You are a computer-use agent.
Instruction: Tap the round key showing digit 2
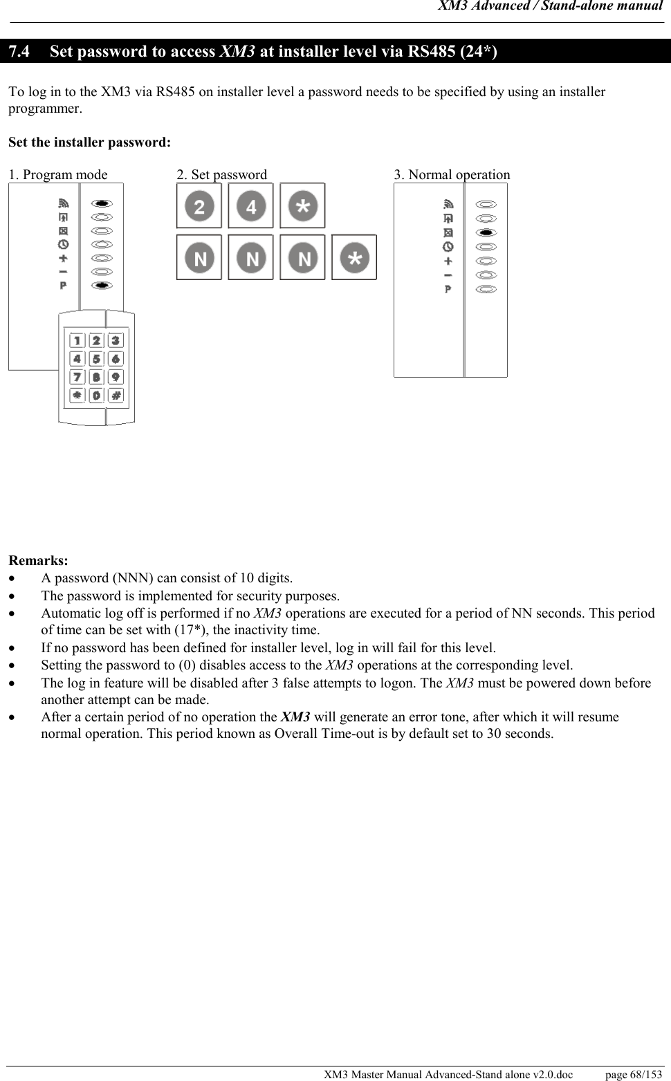tap(199, 206)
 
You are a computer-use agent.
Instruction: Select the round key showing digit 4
tap(251, 206)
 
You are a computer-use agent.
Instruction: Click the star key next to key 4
tap(302, 206)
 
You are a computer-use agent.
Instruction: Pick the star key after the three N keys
tap(354, 258)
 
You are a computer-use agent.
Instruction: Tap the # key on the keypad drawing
tap(116, 396)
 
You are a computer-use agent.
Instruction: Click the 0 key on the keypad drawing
tap(96, 396)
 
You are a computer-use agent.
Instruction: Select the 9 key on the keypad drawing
tap(116, 377)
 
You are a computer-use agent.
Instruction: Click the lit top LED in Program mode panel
tap(102, 203)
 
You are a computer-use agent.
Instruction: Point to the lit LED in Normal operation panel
tap(487, 232)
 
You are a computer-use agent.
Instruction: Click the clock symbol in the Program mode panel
tap(64, 244)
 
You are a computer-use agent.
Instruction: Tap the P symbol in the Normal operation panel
tap(448, 289)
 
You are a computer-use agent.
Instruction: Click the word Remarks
tap(38, 560)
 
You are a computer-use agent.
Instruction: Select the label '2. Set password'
tap(221, 175)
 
